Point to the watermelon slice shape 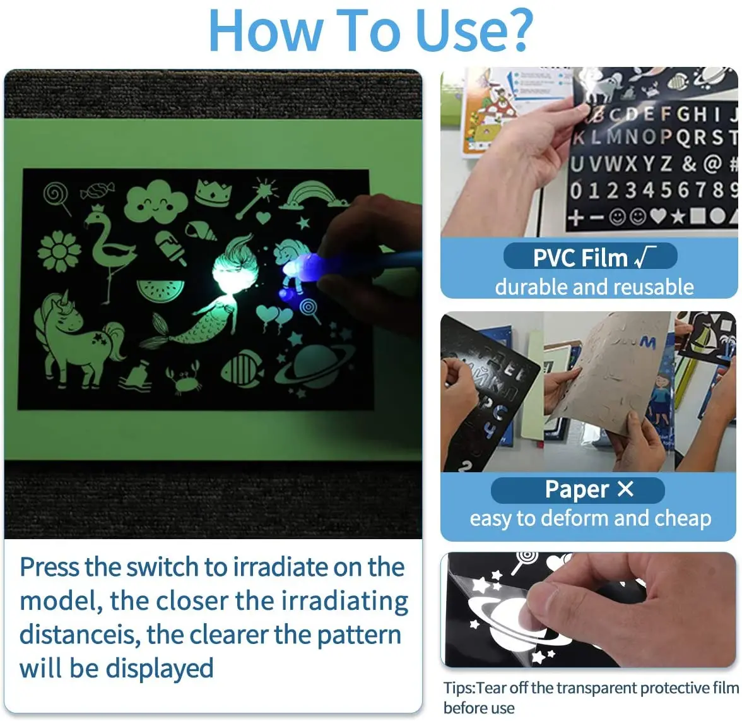pyautogui.click(x=160, y=290)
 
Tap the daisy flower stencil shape pyautogui.click(x=59, y=252)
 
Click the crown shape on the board pyautogui.click(x=213, y=192)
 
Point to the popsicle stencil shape pyautogui.click(x=171, y=247)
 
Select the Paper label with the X pyautogui.click(x=577, y=490)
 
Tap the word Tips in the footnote pyautogui.click(x=459, y=688)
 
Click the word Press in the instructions pyautogui.click(x=49, y=567)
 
